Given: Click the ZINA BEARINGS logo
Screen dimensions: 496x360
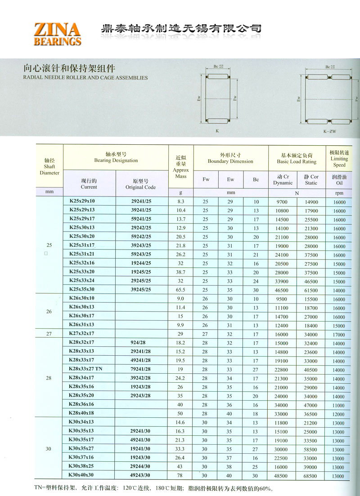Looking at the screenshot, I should [57, 34].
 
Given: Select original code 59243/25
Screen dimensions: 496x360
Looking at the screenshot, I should [140, 255].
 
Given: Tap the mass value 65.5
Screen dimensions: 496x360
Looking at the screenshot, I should [181, 290].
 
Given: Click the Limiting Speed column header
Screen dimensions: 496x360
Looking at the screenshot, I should [339, 159].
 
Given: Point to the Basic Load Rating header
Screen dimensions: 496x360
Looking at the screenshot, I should [297, 158].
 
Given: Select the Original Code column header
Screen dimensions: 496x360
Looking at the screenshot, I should [140, 184].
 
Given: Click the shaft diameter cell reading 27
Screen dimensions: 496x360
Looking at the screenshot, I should [49, 334].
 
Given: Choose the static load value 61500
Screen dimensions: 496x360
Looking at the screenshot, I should [311, 290].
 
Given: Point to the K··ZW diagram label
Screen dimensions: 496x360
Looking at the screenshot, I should [329, 132].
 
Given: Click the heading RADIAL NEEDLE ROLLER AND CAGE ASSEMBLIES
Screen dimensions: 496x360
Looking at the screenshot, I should [85, 78].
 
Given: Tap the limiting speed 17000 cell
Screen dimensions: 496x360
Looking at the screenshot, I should [339, 335].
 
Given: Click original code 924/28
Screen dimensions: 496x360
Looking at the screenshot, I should [140, 343].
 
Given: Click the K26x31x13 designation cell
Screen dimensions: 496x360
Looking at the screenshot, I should [81, 325].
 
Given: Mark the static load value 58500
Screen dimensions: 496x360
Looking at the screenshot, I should [311, 450].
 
